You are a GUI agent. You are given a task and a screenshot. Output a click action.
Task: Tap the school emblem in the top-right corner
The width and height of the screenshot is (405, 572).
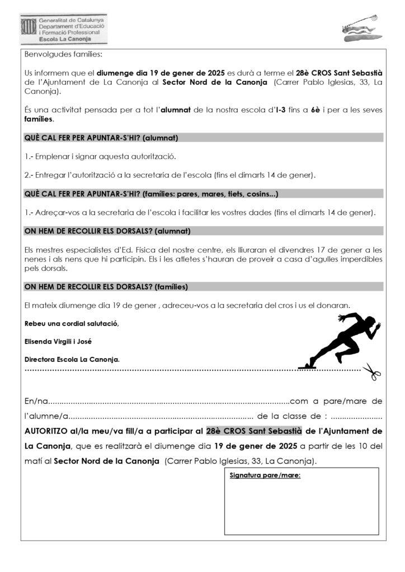361,29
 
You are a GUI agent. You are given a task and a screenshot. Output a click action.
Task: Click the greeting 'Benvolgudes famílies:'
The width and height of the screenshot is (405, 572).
64,54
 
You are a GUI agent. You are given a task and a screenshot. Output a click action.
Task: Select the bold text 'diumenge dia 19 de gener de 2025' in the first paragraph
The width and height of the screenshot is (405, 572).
161,73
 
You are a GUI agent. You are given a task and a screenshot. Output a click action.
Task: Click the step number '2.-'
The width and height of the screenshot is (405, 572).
29,175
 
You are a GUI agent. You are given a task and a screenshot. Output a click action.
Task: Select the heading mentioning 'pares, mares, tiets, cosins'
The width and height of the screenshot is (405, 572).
151,194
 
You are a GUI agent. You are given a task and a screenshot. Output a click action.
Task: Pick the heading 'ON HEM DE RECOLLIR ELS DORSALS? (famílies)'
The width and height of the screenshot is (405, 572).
106,287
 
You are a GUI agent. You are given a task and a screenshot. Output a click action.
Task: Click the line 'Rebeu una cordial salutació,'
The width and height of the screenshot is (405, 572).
72,324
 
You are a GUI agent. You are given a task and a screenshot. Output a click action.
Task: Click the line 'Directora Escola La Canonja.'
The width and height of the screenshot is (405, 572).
72,359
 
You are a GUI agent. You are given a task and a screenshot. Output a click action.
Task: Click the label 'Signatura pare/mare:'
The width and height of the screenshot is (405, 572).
265,475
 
